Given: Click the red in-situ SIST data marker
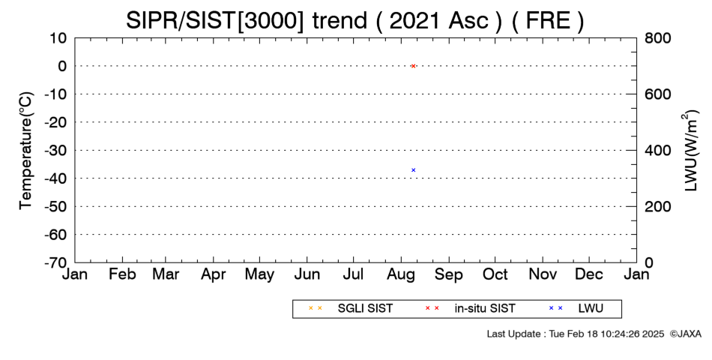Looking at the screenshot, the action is click(x=413, y=66).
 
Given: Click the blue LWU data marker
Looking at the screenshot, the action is click(x=413, y=170).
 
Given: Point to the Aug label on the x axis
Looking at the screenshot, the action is click(x=401, y=274).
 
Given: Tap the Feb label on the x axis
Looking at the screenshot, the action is click(x=123, y=274).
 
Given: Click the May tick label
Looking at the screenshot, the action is click(x=260, y=274).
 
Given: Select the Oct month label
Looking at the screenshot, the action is click(x=495, y=274).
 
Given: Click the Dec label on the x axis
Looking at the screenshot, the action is click(x=589, y=274).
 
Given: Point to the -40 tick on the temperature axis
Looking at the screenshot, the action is click(x=56, y=178).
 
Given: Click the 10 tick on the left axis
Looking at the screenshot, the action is click(x=59, y=37).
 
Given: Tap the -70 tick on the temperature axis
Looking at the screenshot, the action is click(x=56, y=262).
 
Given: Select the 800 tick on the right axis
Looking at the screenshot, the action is click(x=657, y=37).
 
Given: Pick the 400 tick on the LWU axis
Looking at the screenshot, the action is click(x=657, y=150).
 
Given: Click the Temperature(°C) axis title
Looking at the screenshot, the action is click(x=26, y=151).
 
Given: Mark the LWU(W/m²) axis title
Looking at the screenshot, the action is click(x=690, y=151).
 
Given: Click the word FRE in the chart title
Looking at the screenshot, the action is click(x=547, y=20).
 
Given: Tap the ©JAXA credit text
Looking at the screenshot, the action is click(x=685, y=334).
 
